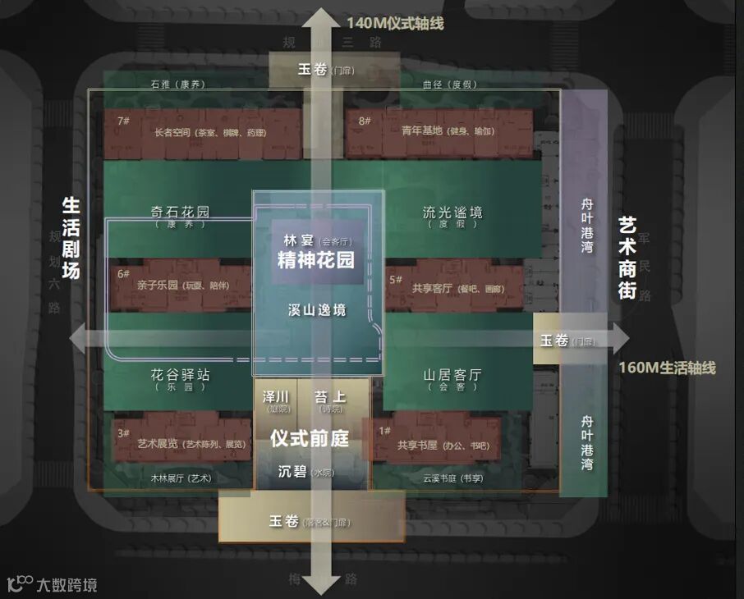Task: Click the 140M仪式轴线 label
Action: pos(395,23)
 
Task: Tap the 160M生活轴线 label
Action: pos(667,368)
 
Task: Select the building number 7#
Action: pos(124,121)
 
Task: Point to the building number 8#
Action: pos(365,121)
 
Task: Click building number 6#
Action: pos(124,274)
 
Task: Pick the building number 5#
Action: pos(396,279)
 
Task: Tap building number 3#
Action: pos(124,433)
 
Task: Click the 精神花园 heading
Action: pos(316,261)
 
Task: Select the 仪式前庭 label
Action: pos(310,438)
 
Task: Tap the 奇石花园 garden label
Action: pos(180,212)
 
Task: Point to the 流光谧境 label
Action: pos(452,213)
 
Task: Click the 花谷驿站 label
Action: pos(180,374)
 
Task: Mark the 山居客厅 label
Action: pos(452,375)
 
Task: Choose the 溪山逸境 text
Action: pos(317,310)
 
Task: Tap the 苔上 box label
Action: pos(329,397)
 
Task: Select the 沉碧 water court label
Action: pos(298,472)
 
